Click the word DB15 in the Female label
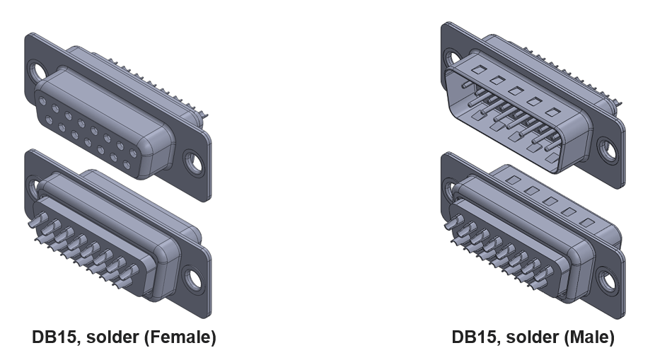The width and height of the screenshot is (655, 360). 54,337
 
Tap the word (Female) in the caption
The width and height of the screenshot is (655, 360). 180,337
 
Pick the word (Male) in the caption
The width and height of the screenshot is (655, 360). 589,337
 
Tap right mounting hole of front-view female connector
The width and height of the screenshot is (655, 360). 193,162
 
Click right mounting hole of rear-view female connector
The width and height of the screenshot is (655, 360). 192,277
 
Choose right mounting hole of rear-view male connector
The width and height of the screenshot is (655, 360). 607,280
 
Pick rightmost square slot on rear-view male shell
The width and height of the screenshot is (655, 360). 586,222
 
